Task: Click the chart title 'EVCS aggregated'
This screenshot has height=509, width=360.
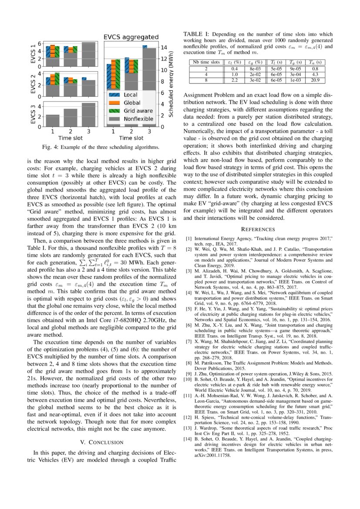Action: point(131,37)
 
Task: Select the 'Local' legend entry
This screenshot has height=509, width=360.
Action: point(131,94)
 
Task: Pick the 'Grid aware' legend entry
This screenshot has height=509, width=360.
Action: point(137,111)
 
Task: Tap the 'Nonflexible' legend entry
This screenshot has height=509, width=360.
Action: point(138,118)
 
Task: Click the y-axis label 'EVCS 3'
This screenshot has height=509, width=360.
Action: point(33,115)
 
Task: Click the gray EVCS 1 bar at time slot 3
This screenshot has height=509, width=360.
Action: point(88,54)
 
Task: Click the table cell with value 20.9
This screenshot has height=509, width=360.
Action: point(315,80)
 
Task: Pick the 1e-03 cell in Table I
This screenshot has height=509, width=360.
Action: point(296,80)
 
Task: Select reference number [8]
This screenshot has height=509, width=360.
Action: point(188,362)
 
